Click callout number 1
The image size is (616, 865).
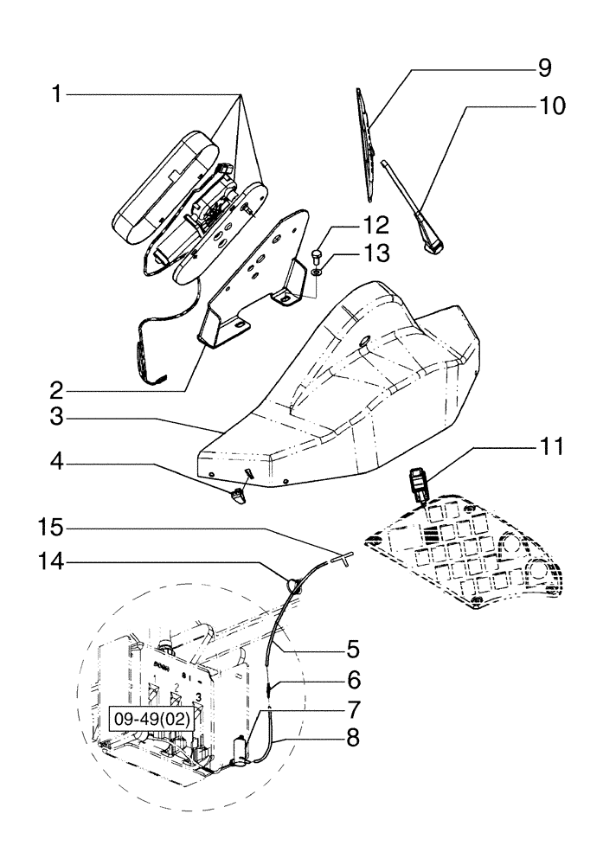pyautogui.click(x=56, y=94)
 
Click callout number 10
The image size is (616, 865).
pyautogui.click(x=551, y=106)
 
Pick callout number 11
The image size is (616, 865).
pyautogui.click(x=551, y=446)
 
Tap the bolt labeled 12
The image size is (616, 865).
pyautogui.click(x=317, y=254)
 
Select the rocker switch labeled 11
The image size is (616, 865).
pyautogui.click(x=420, y=483)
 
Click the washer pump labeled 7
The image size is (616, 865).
pyautogui.click(x=241, y=748)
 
